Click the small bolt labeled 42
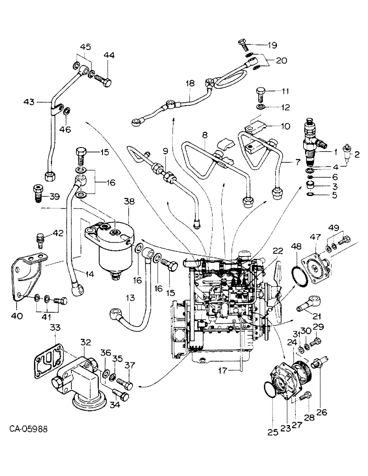(x=41, y=238)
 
